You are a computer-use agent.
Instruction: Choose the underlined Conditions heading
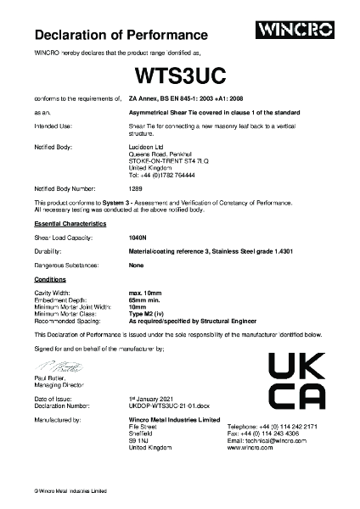click(50, 278)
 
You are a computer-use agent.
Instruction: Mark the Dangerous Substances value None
click(135, 266)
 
